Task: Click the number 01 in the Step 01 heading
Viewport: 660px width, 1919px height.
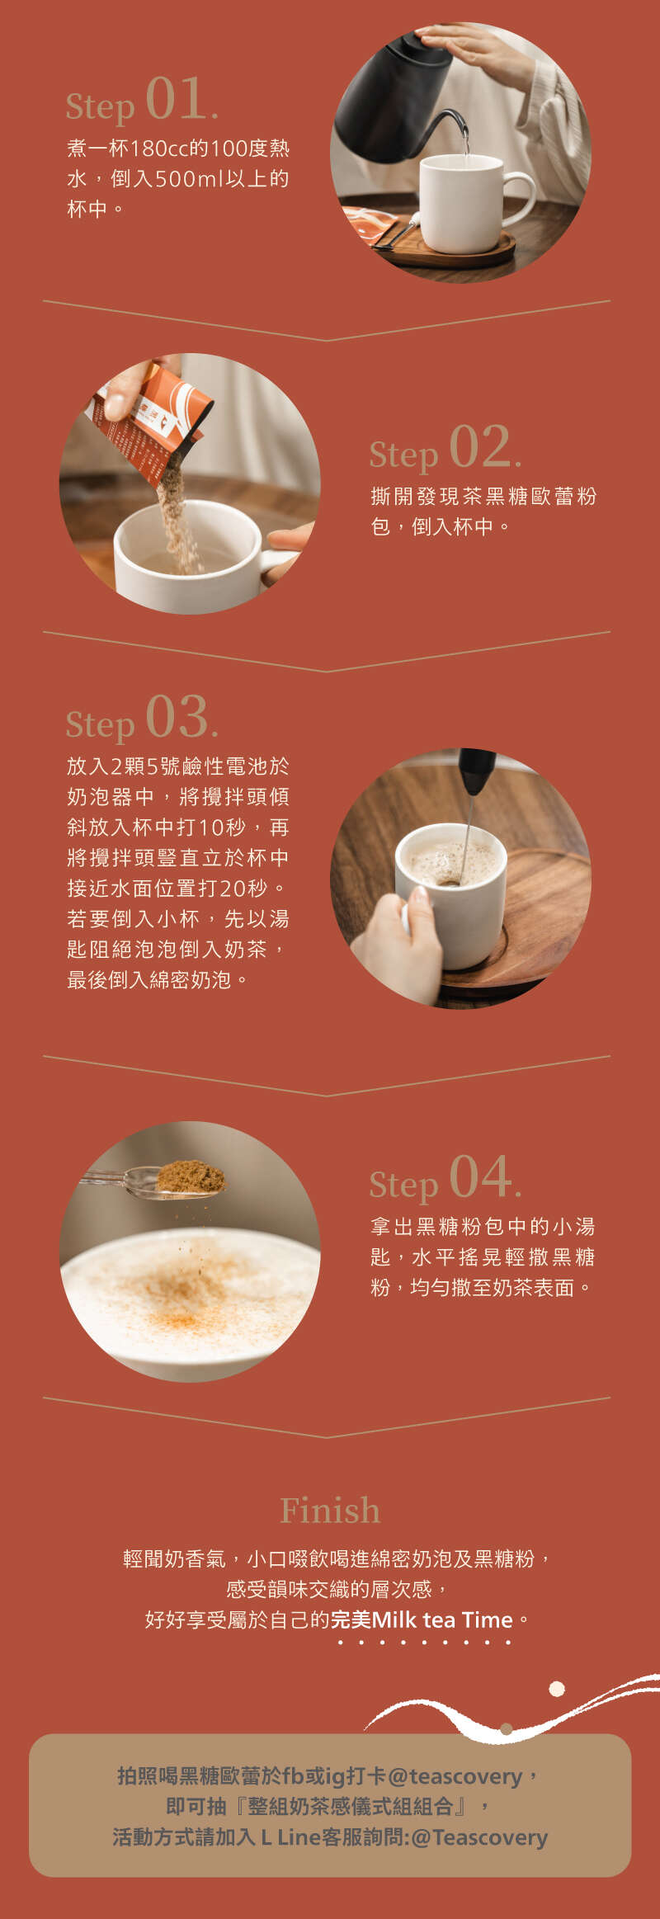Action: [x=175, y=98]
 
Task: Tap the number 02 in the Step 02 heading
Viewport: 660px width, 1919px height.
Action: [x=479, y=446]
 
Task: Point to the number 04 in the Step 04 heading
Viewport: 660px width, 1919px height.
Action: [x=479, y=1176]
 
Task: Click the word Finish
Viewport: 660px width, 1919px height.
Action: [x=330, y=1510]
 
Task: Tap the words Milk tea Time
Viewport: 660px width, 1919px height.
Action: [x=443, y=1620]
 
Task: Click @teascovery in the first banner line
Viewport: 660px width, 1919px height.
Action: [x=455, y=1776]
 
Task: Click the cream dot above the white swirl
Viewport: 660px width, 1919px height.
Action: [x=557, y=1689]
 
